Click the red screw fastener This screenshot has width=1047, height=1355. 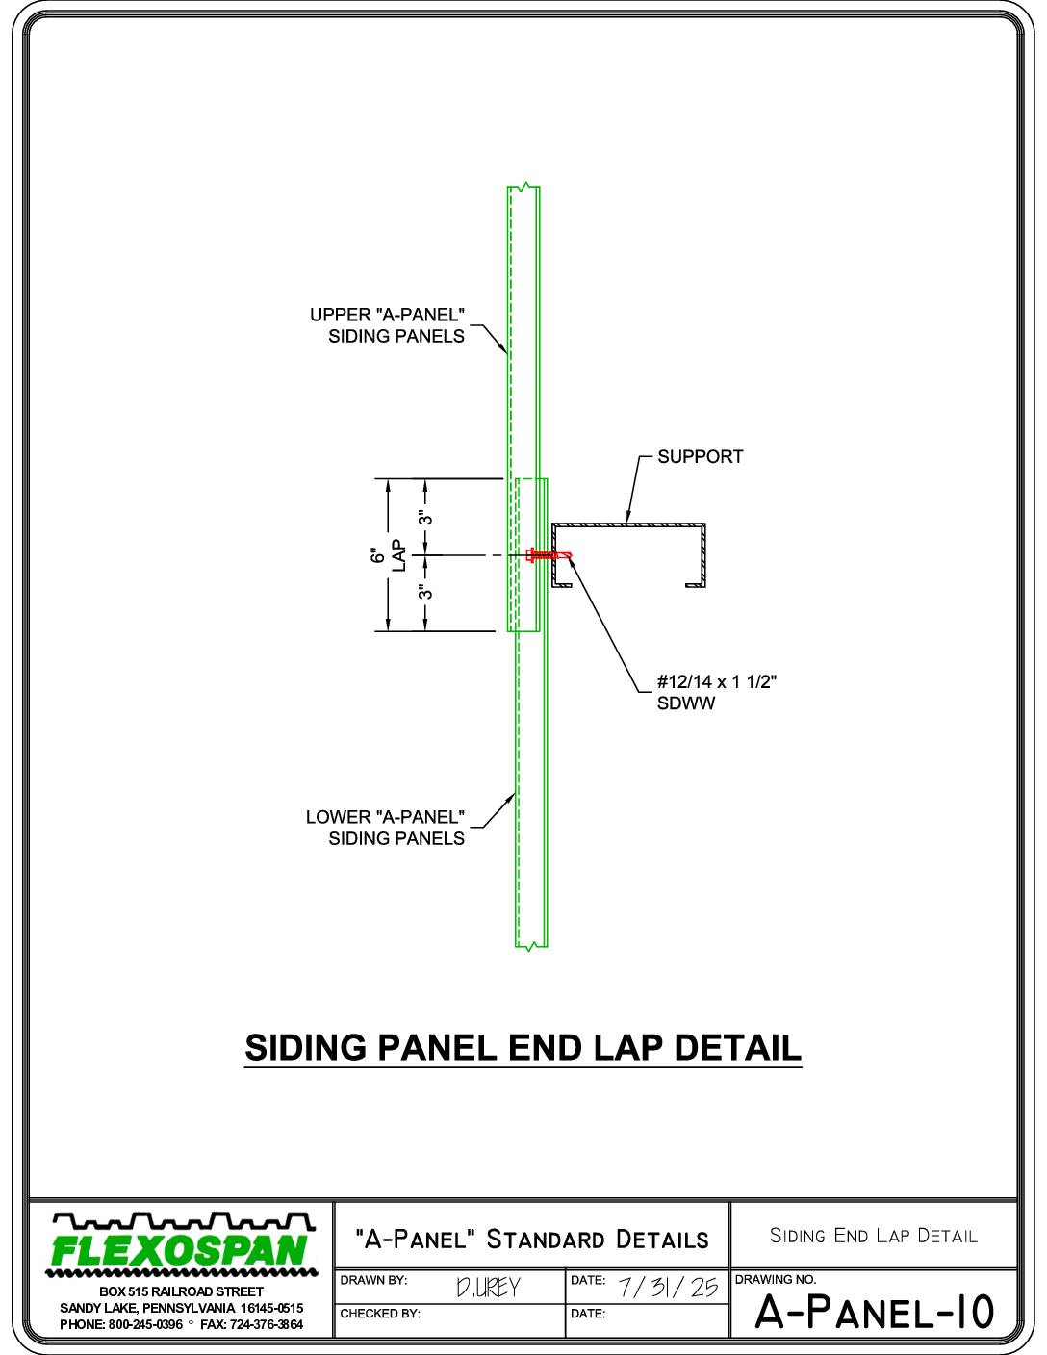[549, 555]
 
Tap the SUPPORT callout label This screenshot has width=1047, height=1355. [701, 457]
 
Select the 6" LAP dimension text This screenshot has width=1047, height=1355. [388, 555]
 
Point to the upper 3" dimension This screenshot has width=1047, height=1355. [425, 518]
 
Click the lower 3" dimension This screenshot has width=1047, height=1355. [425, 592]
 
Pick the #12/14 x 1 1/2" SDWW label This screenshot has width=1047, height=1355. [717, 692]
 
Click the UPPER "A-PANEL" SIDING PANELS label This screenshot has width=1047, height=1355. [387, 325]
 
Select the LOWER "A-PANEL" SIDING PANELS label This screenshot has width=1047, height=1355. [385, 828]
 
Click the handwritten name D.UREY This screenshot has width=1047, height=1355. [488, 1288]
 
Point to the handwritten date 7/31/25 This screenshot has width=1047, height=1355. [669, 1287]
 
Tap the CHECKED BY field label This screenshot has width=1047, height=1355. [380, 1314]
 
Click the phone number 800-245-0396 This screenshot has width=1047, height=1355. [146, 1324]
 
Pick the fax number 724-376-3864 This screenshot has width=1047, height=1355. [267, 1324]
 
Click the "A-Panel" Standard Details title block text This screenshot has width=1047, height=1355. [531, 1239]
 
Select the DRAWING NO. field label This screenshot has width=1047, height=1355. [776, 1280]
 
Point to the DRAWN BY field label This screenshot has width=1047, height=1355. [373, 1280]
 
